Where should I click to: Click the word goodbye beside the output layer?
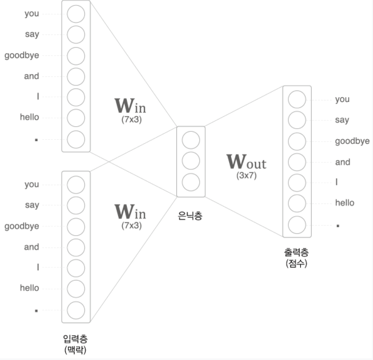[x=352, y=141]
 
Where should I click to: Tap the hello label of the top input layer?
[x=30, y=117]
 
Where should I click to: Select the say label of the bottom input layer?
[x=32, y=205]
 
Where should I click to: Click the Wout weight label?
[x=246, y=161]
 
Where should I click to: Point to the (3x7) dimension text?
[x=247, y=176]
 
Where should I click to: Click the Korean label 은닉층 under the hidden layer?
[x=191, y=216]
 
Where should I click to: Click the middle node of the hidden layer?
[x=191, y=160]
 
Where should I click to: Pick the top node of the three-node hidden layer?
[x=191, y=140]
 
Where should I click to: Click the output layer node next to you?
[x=297, y=99]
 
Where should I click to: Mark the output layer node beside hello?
[x=297, y=203]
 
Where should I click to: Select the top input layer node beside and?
[x=76, y=76]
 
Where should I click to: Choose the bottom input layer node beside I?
[x=76, y=268]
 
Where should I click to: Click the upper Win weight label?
[x=130, y=106]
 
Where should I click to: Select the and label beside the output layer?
[x=343, y=162]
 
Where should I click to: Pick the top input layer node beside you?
[x=76, y=14]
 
